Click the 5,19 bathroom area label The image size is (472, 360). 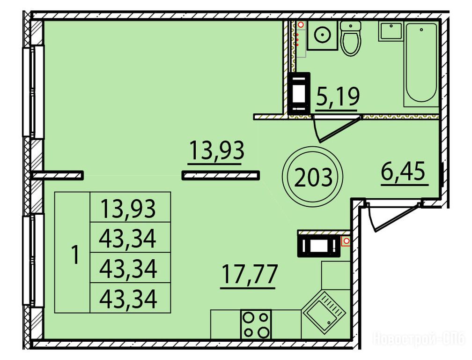[x=338, y=97]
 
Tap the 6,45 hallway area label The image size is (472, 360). [x=403, y=171]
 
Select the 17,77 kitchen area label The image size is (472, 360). [x=249, y=274]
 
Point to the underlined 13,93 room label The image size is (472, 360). [x=216, y=150]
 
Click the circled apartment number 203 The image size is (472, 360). [x=312, y=177]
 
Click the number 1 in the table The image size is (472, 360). [x=75, y=255]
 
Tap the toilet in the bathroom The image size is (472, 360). [x=351, y=38]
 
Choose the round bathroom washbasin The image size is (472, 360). [x=322, y=35]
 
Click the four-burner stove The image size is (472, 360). [x=256, y=324]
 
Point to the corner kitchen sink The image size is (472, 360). [x=324, y=312]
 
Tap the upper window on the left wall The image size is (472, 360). [x=33, y=91]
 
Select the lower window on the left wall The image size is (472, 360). [x=33, y=260]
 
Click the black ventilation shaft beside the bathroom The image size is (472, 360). [x=299, y=93]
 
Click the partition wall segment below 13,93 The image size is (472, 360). [x=221, y=175]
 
